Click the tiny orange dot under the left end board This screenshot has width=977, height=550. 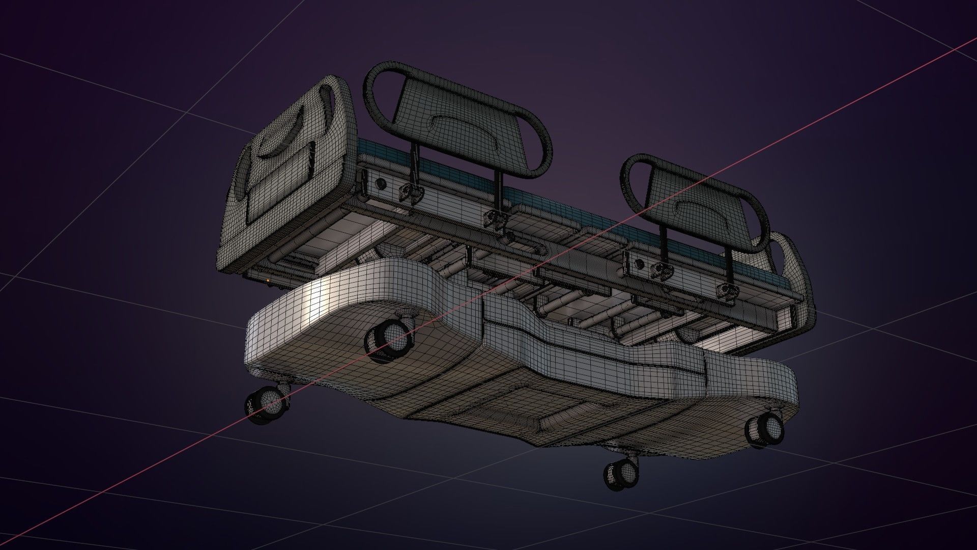[268, 280]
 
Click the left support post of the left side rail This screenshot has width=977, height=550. [414, 163]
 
